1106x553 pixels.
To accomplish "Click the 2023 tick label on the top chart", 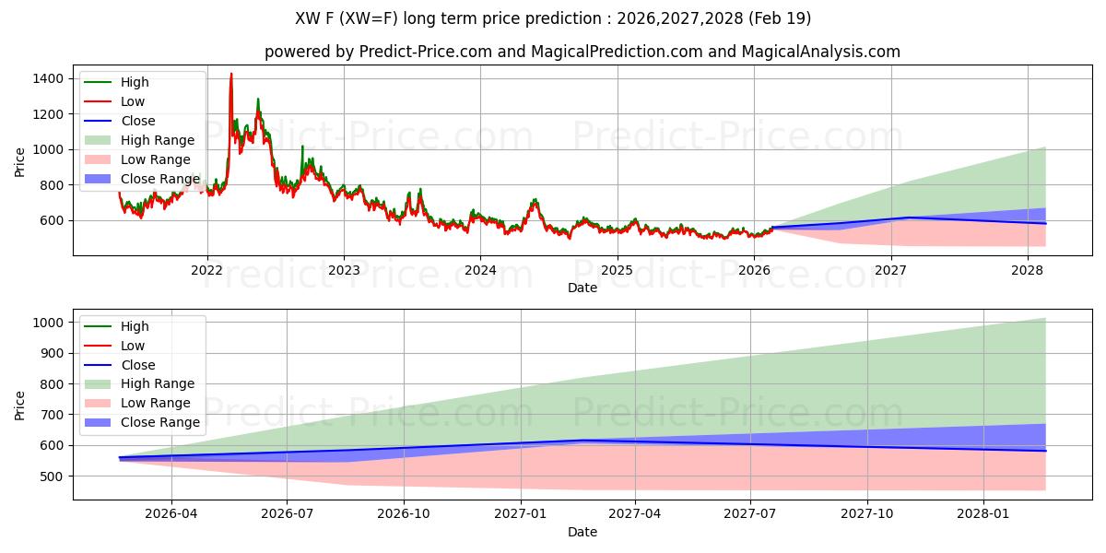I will coord(344,270).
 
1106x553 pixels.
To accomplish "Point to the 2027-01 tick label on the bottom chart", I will coord(521,514).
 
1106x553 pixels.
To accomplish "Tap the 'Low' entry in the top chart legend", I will coord(133,101).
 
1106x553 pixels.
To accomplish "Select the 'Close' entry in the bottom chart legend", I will coord(138,365).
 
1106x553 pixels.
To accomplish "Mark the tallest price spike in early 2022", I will coord(230,75).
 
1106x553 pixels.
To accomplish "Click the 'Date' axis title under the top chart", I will coord(582,288).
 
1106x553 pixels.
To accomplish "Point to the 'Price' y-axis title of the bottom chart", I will coord(20,406).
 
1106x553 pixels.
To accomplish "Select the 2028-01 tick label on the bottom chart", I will coord(984,514).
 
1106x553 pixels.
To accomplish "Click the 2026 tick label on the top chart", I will coord(754,270).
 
